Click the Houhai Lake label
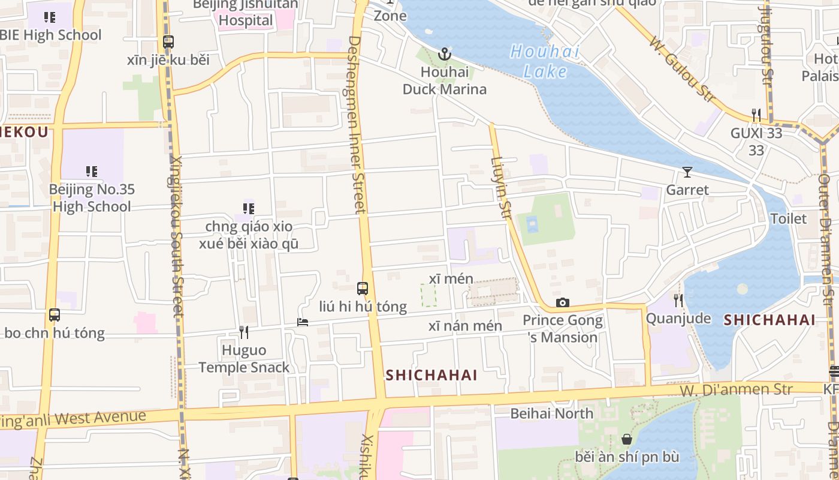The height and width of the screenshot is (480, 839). click(545, 61)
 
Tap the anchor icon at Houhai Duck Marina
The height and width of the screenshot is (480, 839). click(444, 55)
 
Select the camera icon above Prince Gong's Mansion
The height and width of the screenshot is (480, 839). click(562, 303)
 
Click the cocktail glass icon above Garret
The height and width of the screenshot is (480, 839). click(687, 173)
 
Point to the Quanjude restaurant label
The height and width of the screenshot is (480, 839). click(678, 318)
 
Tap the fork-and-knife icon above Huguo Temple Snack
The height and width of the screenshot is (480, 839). click(244, 332)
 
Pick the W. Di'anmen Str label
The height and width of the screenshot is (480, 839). click(736, 390)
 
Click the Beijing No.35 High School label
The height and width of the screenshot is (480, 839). click(92, 198)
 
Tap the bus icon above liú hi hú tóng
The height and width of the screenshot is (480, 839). click(362, 288)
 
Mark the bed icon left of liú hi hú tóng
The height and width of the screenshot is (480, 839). click(303, 322)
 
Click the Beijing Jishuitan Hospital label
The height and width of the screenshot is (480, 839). click(246, 13)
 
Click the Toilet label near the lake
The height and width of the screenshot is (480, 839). click(788, 218)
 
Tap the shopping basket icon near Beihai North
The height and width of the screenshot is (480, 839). click(627, 440)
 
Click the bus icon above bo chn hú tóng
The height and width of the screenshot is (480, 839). click(55, 315)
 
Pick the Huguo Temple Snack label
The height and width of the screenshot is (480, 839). click(244, 358)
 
